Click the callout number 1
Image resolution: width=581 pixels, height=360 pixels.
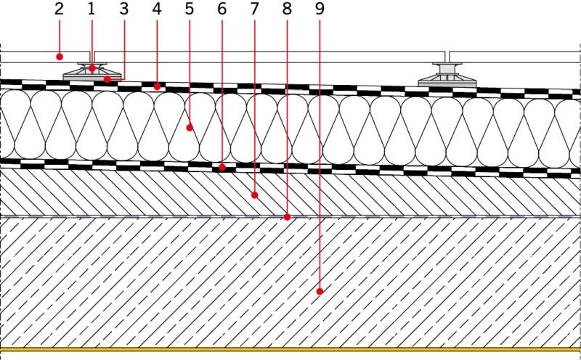(x=92, y=9)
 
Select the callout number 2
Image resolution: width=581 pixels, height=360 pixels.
(x=59, y=9)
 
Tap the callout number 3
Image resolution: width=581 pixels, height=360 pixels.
(x=123, y=9)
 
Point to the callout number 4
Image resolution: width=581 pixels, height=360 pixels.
(x=157, y=9)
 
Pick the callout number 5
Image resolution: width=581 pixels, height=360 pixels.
(x=190, y=9)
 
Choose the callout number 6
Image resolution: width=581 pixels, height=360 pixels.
(x=222, y=9)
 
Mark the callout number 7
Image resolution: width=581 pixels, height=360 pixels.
(x=254, y=9)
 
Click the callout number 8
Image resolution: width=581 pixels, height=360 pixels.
(x=287, y=9)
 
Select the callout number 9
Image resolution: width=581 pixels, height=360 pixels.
(x=320, y=9)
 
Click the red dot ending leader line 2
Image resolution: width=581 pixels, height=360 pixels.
(x=60, y=57)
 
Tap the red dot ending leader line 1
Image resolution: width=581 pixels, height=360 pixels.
(x=92, y=68)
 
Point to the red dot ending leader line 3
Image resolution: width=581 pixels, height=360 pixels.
(x=107, y=79)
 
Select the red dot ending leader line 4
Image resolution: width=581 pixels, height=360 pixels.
(x=157, y=86)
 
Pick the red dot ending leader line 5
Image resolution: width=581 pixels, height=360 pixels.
(x=190, y=128)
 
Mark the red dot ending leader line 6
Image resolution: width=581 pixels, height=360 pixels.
(x=222, y=168)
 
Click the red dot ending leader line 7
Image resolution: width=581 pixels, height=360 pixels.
(x=255, y=195)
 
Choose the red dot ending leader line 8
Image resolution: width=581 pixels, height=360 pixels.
(x=287, y=217)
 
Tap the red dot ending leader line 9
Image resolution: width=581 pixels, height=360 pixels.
(x=320, y=292)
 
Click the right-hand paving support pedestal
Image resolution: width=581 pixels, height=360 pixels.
(x=447, y=75)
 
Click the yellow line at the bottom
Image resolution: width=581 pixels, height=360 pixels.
(x=290, y=349)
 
